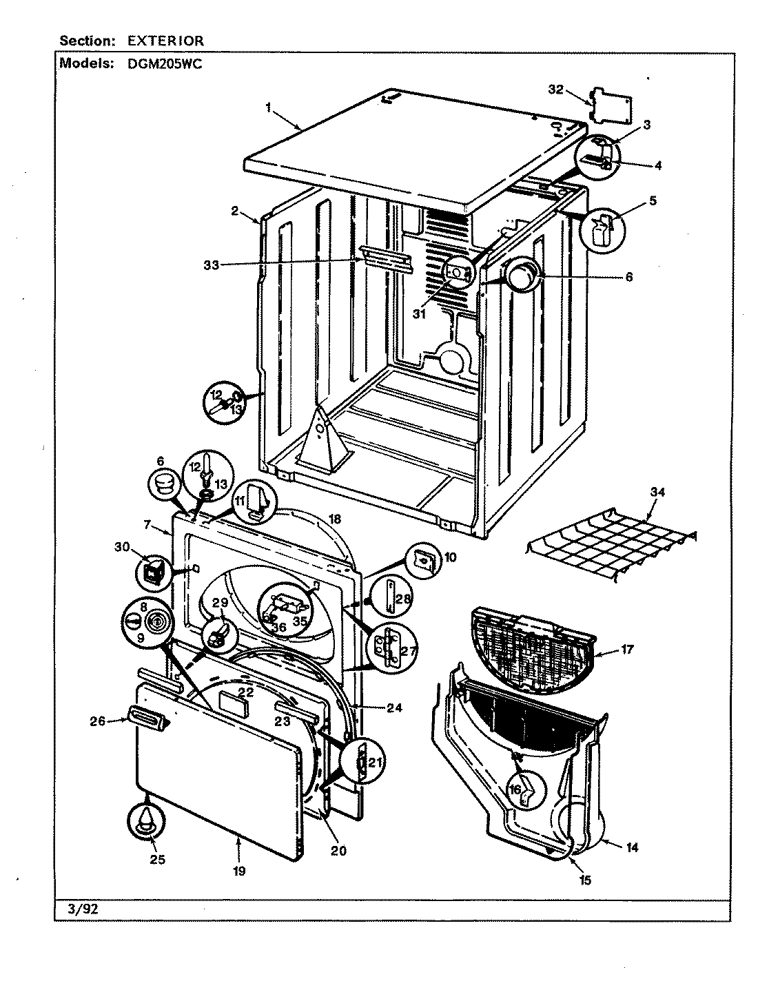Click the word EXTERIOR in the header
click(x=165, y=41)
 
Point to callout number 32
click(x=556, y=89)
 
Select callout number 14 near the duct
click(x=631, y=847)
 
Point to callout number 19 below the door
click(x=238, y=871)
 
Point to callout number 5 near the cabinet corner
click(x=651, y=202)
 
